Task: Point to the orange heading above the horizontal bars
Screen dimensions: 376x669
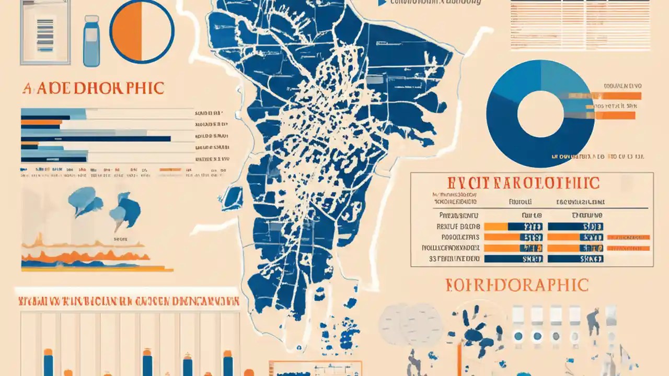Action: [x=93, y=88]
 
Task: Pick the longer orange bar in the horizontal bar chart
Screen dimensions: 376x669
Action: [x=41, y=122]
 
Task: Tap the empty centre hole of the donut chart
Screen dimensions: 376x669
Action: [x=540, y=114]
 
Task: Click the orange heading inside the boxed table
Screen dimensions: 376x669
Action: [x=523, y=183]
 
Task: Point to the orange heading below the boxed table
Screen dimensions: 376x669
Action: [x=517, y=285]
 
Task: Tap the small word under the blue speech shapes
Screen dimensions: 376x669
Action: [x=120, y=239]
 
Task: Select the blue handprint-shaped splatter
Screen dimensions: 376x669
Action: [x=475, y=332]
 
